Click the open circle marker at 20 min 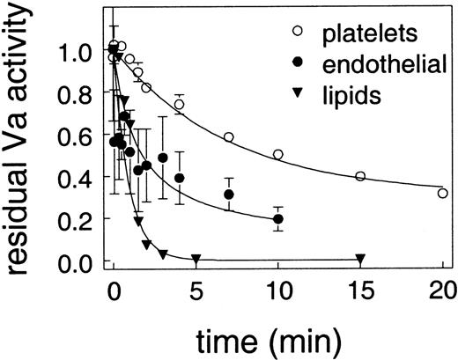pos(442,193)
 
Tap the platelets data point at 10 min pos(278,154)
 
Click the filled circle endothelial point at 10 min pos(278,219)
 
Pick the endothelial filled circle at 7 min pos(229,195)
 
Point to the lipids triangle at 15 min pos(360,259)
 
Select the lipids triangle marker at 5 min pos(196,259)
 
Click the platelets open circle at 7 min pos(229,137)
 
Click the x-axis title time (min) pos(278,337)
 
